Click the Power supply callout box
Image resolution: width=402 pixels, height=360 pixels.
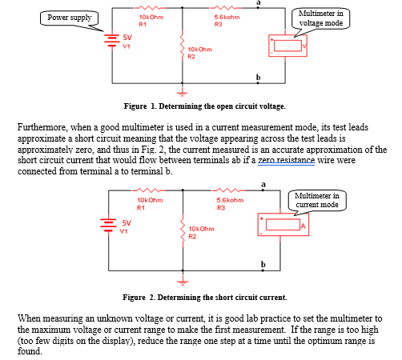pyautogui.click(x=70, y=17)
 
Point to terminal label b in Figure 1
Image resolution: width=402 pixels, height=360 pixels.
pyautogui.click(x=258, y=77)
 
